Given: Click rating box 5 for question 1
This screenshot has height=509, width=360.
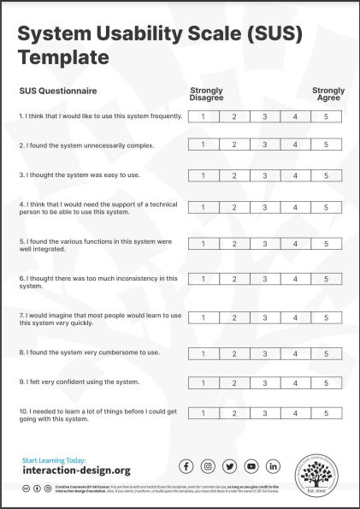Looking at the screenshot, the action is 326,117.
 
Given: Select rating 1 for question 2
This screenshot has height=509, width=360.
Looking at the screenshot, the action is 204,145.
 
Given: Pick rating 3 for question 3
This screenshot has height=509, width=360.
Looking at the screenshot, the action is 265,176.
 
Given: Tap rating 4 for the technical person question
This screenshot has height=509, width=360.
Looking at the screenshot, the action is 295,207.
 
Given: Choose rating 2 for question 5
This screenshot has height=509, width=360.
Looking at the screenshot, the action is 233,244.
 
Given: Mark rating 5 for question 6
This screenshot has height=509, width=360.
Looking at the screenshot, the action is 326,279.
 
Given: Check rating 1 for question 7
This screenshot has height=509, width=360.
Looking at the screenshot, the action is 204,317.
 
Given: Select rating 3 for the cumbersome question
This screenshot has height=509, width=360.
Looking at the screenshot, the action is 265,352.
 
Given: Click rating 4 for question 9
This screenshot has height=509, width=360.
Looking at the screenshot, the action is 295,382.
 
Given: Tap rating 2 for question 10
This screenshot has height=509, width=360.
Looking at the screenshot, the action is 233,414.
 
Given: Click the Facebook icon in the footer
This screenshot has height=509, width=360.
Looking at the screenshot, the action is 186,466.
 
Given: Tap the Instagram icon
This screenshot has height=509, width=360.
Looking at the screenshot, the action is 208,466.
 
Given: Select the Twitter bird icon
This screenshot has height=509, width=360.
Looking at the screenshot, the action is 230,466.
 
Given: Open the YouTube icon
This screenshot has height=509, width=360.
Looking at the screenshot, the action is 251,466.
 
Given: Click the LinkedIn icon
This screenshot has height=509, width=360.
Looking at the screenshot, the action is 274,466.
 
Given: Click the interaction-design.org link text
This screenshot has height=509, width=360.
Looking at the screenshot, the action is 76,471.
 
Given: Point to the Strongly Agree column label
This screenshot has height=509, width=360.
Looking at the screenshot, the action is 328,94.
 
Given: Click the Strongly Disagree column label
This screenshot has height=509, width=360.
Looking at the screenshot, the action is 206,94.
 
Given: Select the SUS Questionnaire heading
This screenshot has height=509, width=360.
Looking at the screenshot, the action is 58,91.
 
